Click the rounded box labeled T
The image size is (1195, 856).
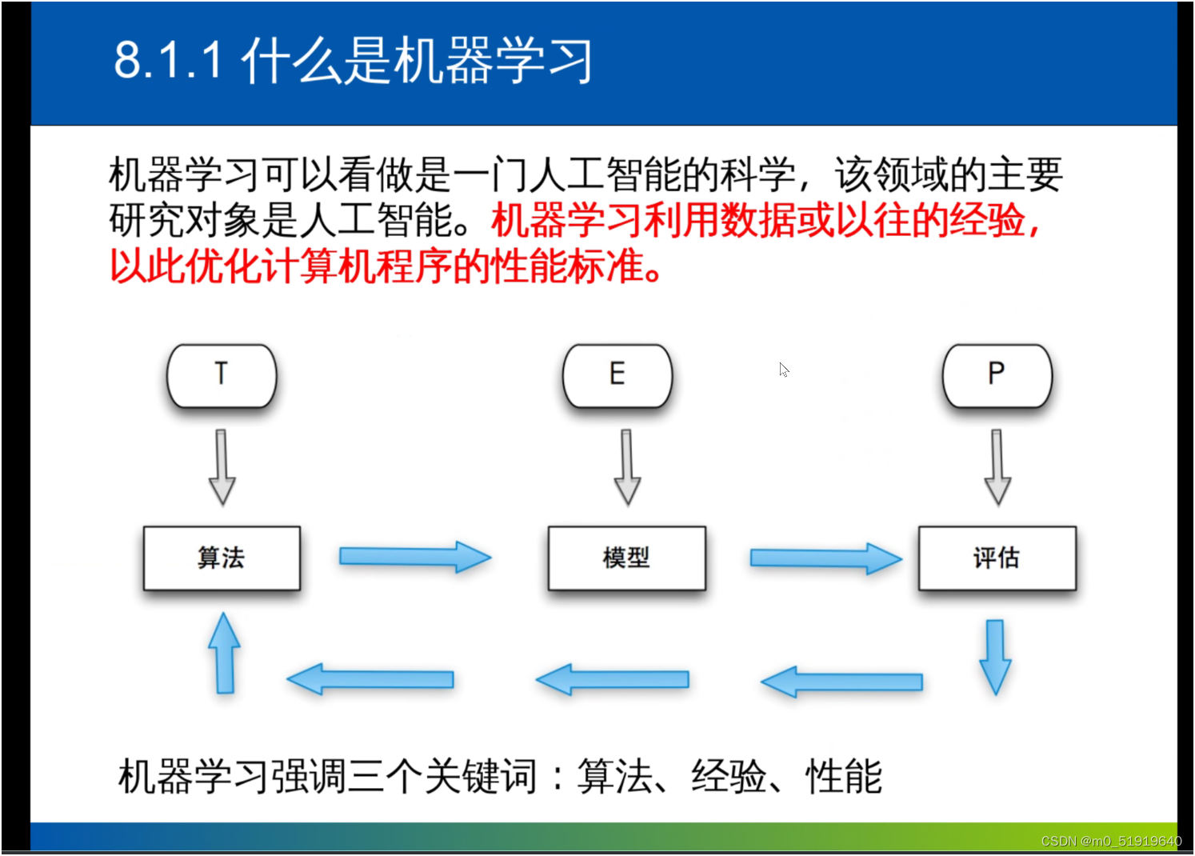222,376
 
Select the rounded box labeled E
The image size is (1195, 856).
617,376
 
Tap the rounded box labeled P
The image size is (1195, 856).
997,376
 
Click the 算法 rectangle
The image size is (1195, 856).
222,558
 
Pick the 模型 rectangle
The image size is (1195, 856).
627,558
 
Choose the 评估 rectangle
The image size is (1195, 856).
997,558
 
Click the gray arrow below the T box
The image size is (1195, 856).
222,467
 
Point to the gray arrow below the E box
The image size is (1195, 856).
627,467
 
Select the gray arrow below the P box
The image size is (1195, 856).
997,467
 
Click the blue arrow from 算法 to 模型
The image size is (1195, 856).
415,557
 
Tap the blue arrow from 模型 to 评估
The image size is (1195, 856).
825,558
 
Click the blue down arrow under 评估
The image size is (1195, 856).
996,658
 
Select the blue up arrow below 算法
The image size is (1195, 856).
224,653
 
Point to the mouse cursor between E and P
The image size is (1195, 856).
784,370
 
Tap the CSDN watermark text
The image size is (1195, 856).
1111,841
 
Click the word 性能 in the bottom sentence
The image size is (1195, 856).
843,777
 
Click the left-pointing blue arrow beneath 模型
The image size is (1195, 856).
613,679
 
